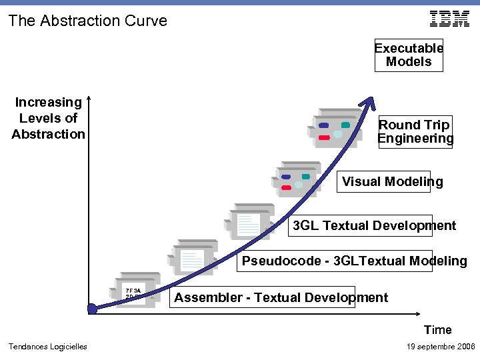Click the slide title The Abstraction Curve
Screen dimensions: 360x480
point(87,21)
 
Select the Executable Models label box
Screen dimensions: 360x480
point(409,55)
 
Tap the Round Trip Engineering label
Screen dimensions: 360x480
point(415,132)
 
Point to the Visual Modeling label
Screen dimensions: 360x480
point(392,182)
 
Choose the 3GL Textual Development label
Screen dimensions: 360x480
point(375,225)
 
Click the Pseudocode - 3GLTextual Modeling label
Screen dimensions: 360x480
point(354,261)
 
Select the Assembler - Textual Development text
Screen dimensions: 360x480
point(281,297)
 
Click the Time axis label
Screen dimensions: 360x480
point(437,330)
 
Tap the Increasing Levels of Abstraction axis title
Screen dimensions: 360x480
point(48,118)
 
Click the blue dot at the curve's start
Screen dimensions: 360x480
point(93,309)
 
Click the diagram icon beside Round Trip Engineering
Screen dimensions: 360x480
point(336,129)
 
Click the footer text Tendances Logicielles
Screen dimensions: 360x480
point(47,346)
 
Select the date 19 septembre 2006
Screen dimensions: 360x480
point(440,346)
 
